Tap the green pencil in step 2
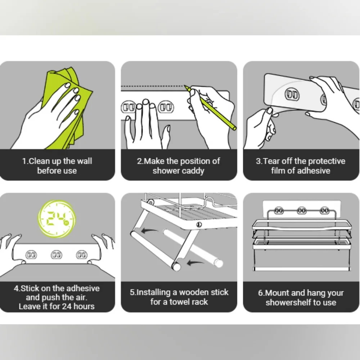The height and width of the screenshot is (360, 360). pyautogui.click(x=210, y=107)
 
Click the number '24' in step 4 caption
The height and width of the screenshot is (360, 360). pyautogui.click(x=66, y=306)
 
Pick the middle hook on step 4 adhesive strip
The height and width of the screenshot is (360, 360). pyautogui.click(x=57, y=255)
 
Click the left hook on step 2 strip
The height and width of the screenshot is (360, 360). pyautogui.click(x=129, y=107)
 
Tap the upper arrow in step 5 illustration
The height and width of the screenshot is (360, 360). pyautogui.click(x=149, y=230)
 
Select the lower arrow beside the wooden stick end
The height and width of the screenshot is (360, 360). pyautogui.click(x=195, y=263)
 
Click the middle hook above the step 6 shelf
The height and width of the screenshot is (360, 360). pyautogui.click(x=301, y=211)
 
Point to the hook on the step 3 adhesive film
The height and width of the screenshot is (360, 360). pyautogui.click(x=292, y=94)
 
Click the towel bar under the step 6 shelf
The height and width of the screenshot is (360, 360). pyautogui.click(x=302, y=269)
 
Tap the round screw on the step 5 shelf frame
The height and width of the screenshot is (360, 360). pyautogui.click(x=199, y=225)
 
